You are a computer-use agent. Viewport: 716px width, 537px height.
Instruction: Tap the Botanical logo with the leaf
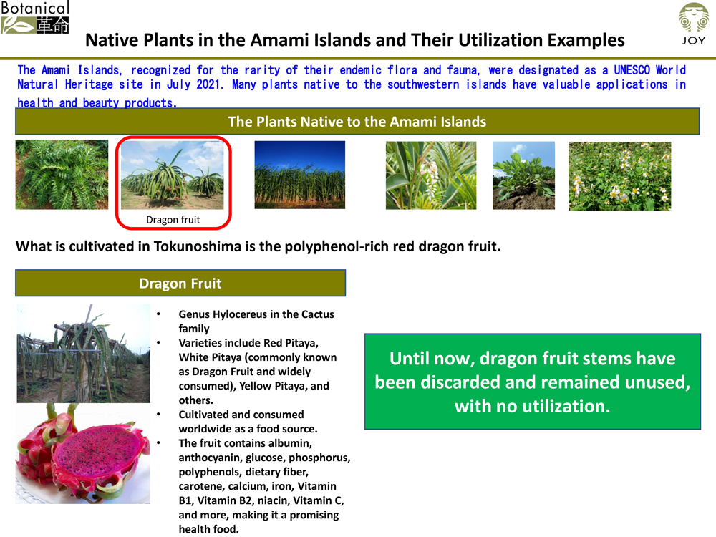pos(35,17)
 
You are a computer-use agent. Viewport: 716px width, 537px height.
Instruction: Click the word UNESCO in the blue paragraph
pos(632,70)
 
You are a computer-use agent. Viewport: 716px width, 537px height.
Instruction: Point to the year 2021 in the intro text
pos(209,84)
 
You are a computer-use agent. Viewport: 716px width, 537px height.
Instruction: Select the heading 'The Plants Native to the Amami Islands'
pos(357,122)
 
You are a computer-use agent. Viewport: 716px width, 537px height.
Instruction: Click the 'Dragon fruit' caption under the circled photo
pos(173,220)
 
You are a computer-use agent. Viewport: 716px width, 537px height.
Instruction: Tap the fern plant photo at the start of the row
pos(62,175)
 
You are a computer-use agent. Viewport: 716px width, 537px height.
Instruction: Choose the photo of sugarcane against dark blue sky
pos(299,175)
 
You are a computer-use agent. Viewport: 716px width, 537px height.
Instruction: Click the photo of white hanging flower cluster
pos(430,175)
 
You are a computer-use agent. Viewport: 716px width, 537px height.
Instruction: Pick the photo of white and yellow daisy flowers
pos(619,176)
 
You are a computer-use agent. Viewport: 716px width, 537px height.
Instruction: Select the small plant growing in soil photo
pos(523,175)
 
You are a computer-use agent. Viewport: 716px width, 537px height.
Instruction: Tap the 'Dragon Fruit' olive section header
pos(180,283)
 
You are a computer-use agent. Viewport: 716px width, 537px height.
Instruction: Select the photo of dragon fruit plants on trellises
pos(83,354)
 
